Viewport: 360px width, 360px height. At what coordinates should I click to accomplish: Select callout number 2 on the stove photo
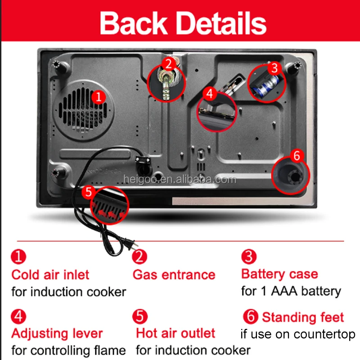point(168,64)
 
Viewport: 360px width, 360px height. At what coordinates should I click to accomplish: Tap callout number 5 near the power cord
point(88,192)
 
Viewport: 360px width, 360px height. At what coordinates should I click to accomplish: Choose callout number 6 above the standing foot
point(296,156)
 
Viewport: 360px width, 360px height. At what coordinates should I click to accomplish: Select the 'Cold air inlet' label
point(50,274)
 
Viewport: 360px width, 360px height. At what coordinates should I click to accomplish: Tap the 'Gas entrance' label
point(174,274)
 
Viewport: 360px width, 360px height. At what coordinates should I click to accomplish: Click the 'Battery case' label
point(279,274)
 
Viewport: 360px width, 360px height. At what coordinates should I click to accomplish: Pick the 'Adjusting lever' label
point(57,333)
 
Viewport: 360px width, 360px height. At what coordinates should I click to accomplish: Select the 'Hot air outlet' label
point(175,333)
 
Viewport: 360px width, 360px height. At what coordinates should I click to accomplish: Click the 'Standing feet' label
point(303,317)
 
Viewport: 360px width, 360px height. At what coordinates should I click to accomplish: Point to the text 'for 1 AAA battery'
point(291,291)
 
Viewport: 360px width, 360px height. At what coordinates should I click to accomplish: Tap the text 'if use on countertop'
point(297,334)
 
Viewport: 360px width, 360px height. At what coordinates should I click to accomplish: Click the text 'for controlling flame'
point(68,350)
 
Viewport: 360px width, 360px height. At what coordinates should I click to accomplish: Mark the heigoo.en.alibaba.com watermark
point(179,180)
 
